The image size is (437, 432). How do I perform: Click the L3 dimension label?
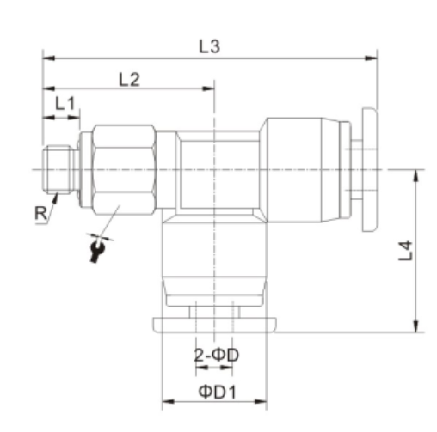[208, 47]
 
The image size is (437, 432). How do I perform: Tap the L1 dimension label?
[65, 102]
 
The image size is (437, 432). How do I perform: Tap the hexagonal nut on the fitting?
[123, 169]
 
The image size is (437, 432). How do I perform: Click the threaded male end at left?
[58, 169]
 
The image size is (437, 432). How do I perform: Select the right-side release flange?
[370, 169]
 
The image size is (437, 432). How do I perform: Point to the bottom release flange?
[212, 325]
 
